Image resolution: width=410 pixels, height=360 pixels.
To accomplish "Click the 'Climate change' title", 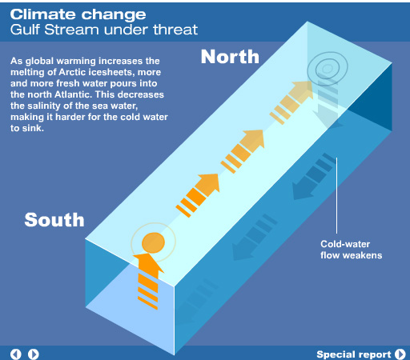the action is coord(78,15).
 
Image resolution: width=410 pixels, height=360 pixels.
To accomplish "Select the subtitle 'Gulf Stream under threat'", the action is coord(104,30).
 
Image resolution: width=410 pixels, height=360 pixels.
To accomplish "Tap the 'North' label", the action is coord(230,57).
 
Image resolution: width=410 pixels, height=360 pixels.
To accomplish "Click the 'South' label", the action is coord(54,220).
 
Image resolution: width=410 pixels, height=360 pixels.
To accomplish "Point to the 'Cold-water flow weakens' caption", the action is coord(352,250).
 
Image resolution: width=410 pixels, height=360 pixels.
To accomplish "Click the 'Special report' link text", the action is coord(354,354).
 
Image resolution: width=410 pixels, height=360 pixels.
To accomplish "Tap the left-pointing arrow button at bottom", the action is coord(15,354).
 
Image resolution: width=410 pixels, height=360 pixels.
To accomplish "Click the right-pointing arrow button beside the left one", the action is coord(34,354).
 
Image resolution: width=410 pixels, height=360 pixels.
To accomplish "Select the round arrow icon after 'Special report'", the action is coord(400,354).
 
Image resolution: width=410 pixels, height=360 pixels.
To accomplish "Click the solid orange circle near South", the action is coord(153,242).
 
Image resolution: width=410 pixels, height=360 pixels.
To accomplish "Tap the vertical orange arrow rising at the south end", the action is coord(148,280).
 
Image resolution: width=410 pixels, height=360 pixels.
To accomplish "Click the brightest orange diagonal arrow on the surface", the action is coord(198,195).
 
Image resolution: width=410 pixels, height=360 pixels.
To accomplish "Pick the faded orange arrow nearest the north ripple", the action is coord(291,102).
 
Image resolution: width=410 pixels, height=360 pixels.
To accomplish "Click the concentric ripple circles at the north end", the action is coord(328,69).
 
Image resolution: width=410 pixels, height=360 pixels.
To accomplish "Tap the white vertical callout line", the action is coord(336,195).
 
